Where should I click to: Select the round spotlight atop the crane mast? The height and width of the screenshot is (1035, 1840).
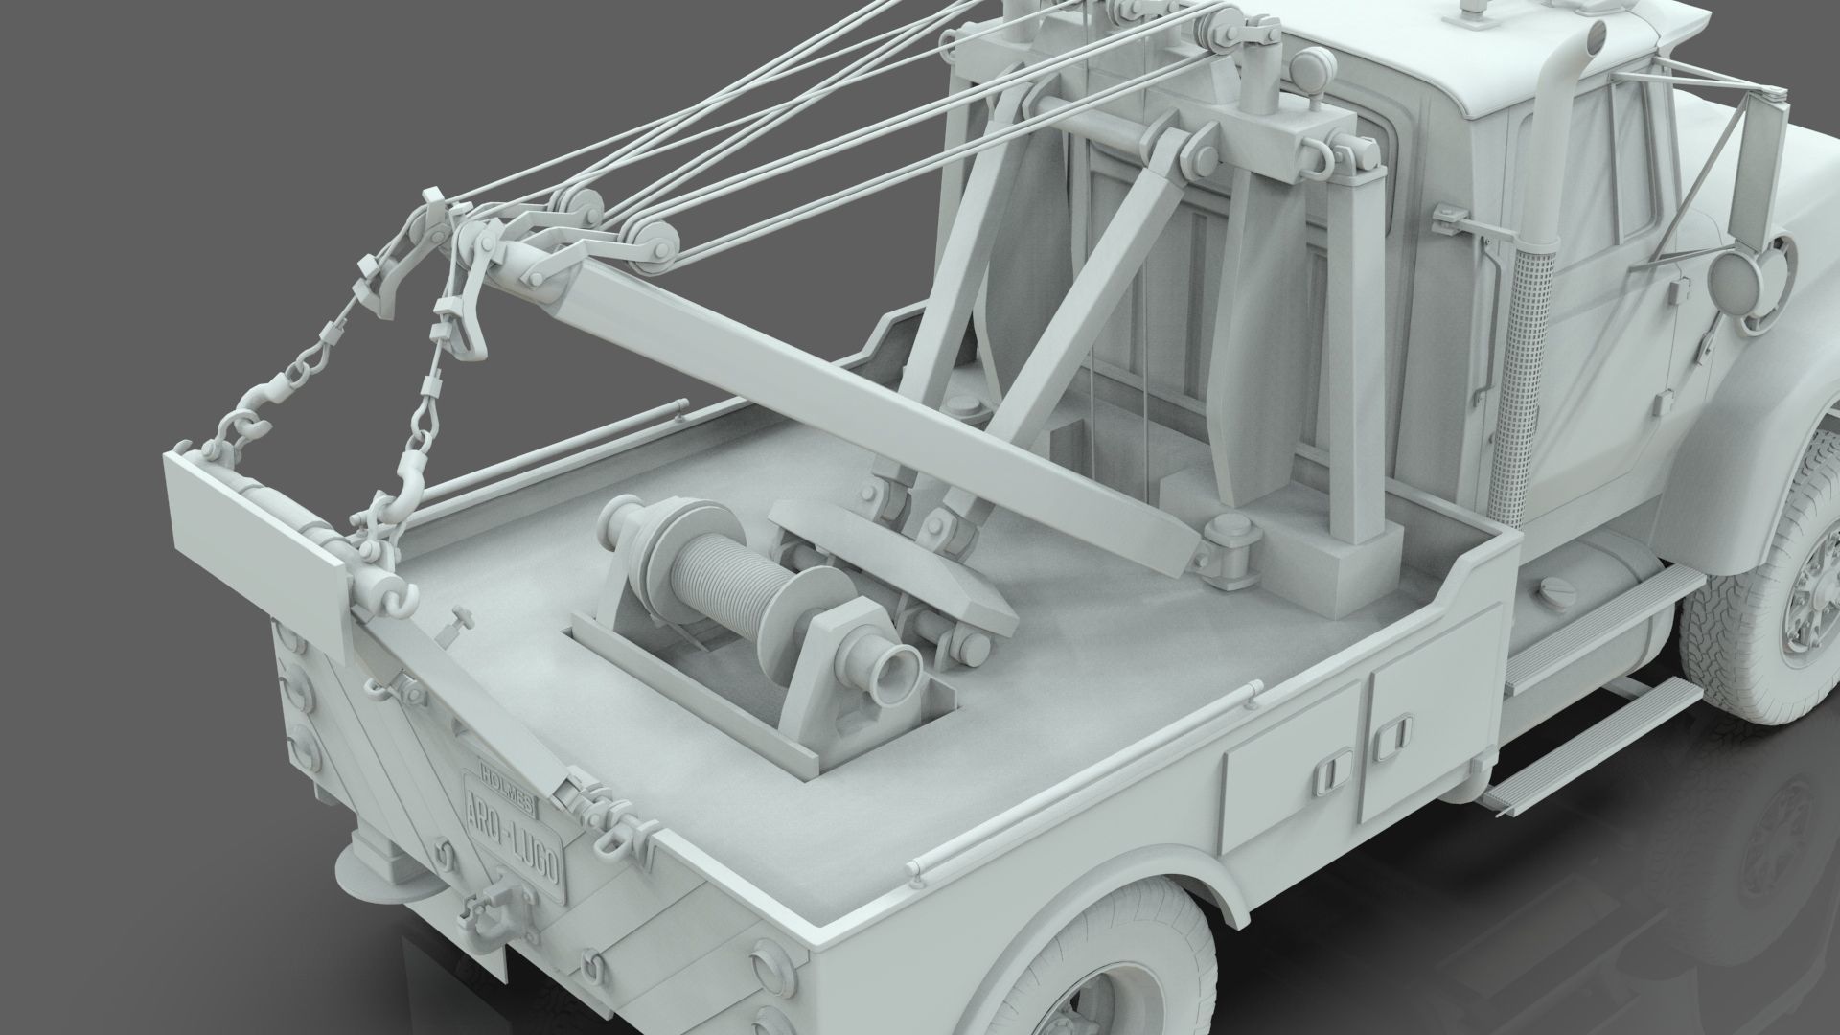pyautogui.click(x=1307, y=68)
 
